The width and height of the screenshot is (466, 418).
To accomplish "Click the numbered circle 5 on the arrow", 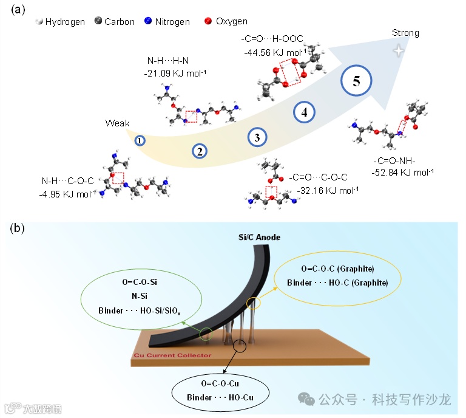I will (x=357, y=82).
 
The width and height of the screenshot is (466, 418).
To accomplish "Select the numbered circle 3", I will (x=257, y=137).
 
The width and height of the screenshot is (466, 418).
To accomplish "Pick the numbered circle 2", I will (x=200, y=151).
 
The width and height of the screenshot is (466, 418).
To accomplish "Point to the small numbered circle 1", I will (x=140, y=140).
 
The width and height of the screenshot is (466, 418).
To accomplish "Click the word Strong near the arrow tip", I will (x=405, y=33).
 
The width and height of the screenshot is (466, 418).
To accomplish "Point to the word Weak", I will (x=118, y=123).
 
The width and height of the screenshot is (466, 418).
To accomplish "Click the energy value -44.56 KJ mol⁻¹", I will (x=274, y=53).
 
